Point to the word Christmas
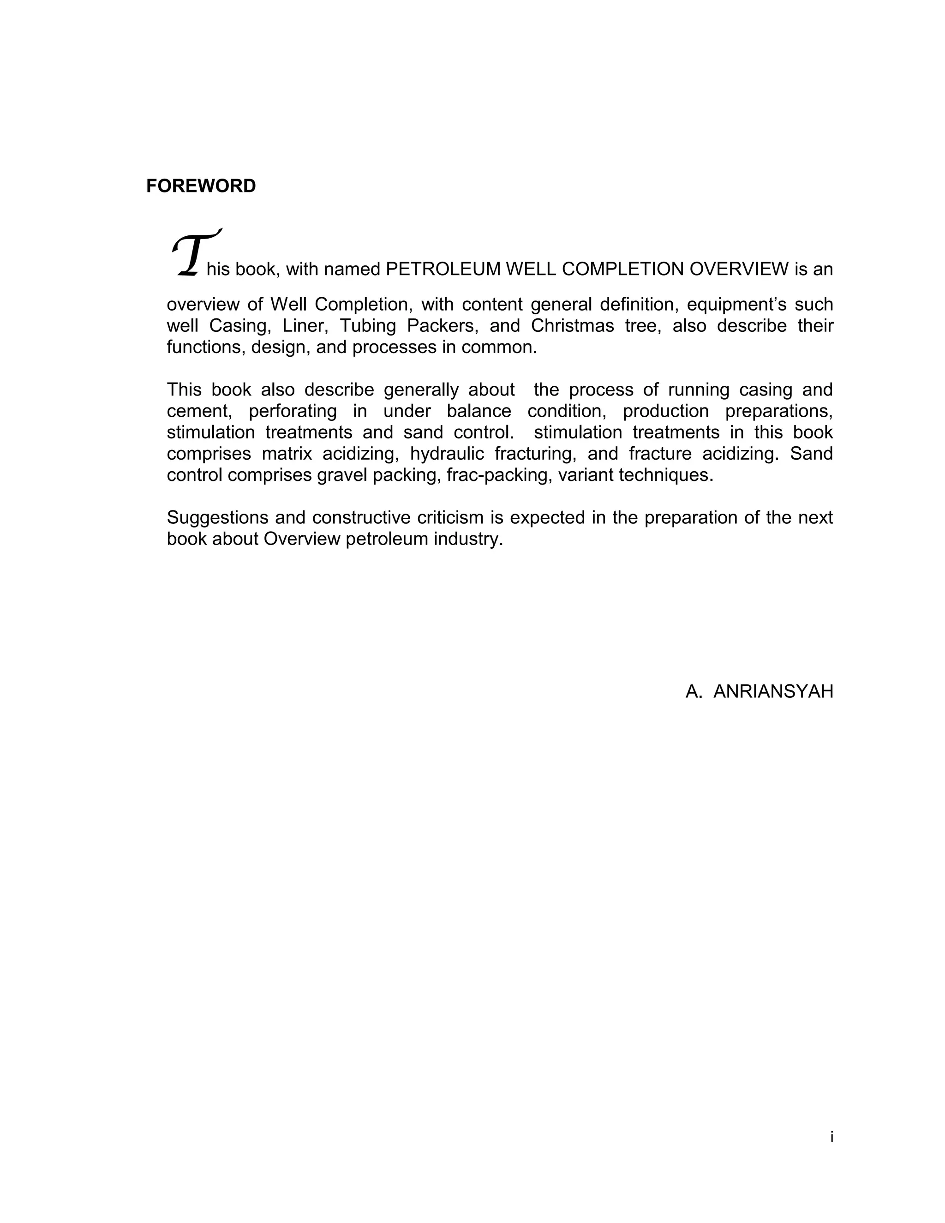point(572,326)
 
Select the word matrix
point(287,454)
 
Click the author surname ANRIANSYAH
point(773,692)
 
